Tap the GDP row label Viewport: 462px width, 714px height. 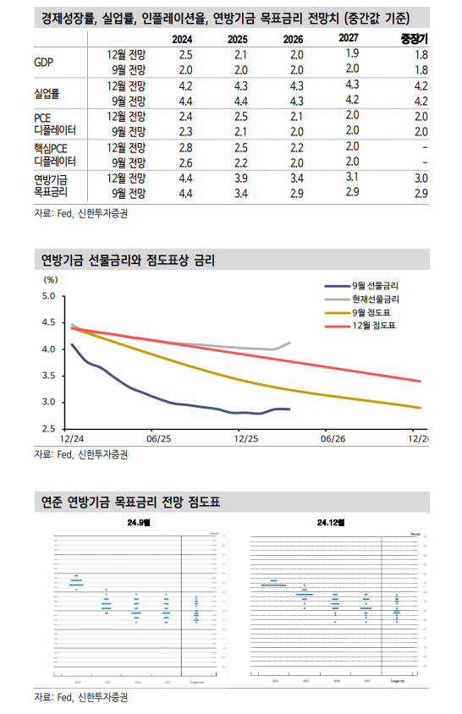[x=43, y=62]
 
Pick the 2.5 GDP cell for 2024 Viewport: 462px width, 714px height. [x=186, y=55]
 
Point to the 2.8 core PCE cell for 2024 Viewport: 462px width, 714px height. [x=186, y=147]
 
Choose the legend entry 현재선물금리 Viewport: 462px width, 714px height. [x=376, y=299]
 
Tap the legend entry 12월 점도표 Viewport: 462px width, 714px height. [x=373, y=326]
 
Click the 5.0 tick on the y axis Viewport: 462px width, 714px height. [x=47, y=296]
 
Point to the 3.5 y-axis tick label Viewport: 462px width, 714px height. [x=47, y=376]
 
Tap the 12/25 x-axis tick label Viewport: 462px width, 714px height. [x=245, y=439]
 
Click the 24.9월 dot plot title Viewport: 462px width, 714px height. [x=135, y=524]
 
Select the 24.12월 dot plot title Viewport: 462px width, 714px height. [x=333, y=524]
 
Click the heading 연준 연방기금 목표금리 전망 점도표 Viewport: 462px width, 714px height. [x=130, y=502]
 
